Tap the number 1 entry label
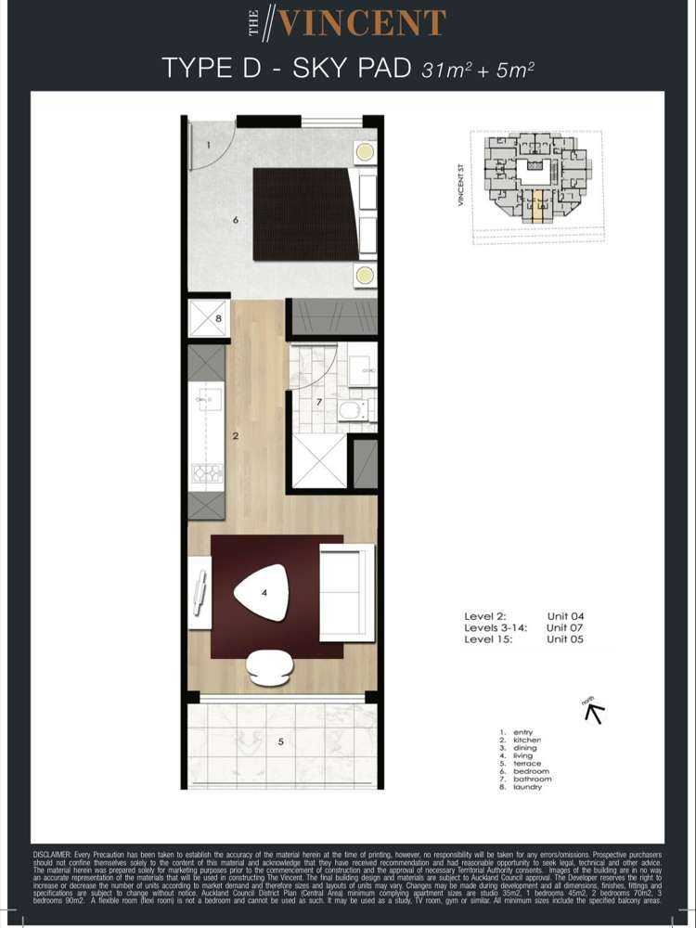pos(209,145)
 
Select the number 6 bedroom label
pos(236,220)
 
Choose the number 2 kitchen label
pos(236,434)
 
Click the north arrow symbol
pos(593,712)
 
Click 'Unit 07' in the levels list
pos(565,627)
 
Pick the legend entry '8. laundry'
pos(527,787)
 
